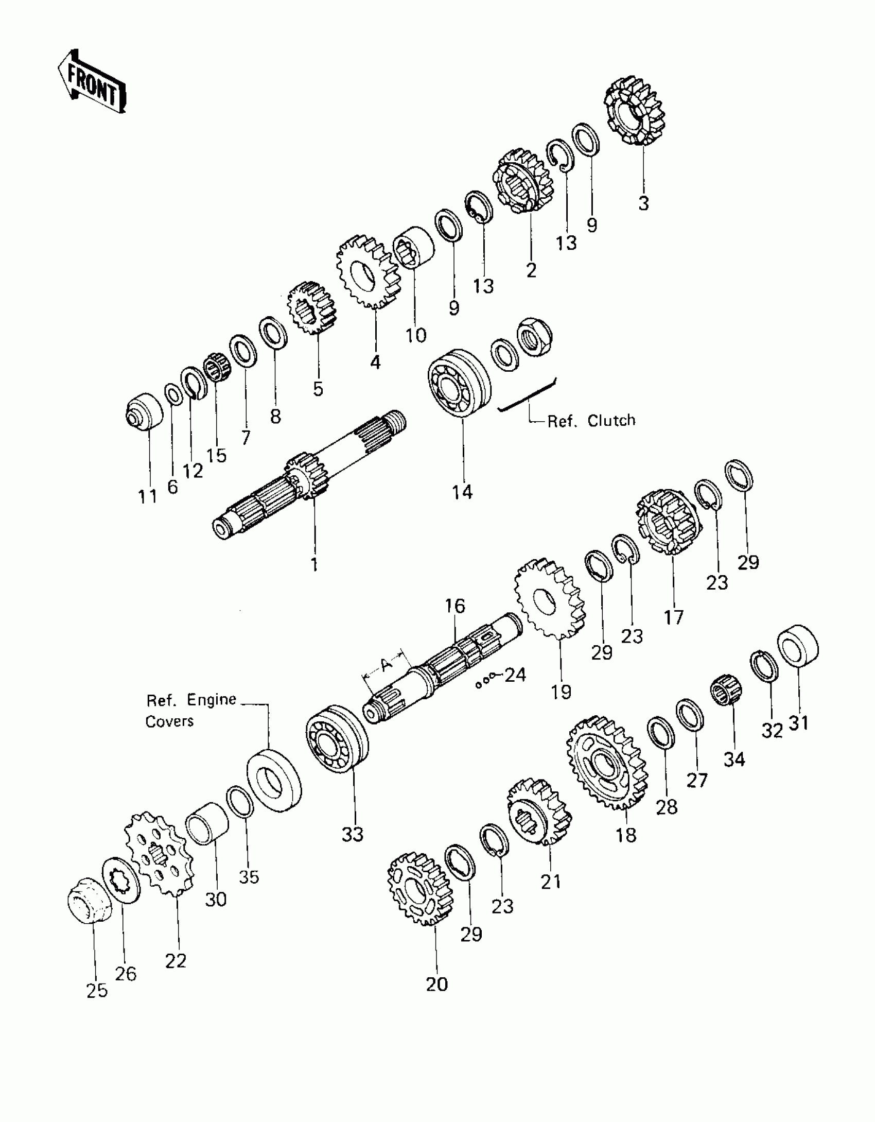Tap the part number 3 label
(x=643, y=203)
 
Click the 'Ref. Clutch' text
(x=591, y=421)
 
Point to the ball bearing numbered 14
(x=459, y=382)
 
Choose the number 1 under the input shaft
(x=314, y=564)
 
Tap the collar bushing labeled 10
(x=413, y=247)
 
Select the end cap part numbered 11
(x=144, y=409)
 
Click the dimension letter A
(x=387, y=665)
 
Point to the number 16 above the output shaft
(x=455, y=606)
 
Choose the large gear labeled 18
(x=606, y=763)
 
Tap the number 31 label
(x=799, y=723)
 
